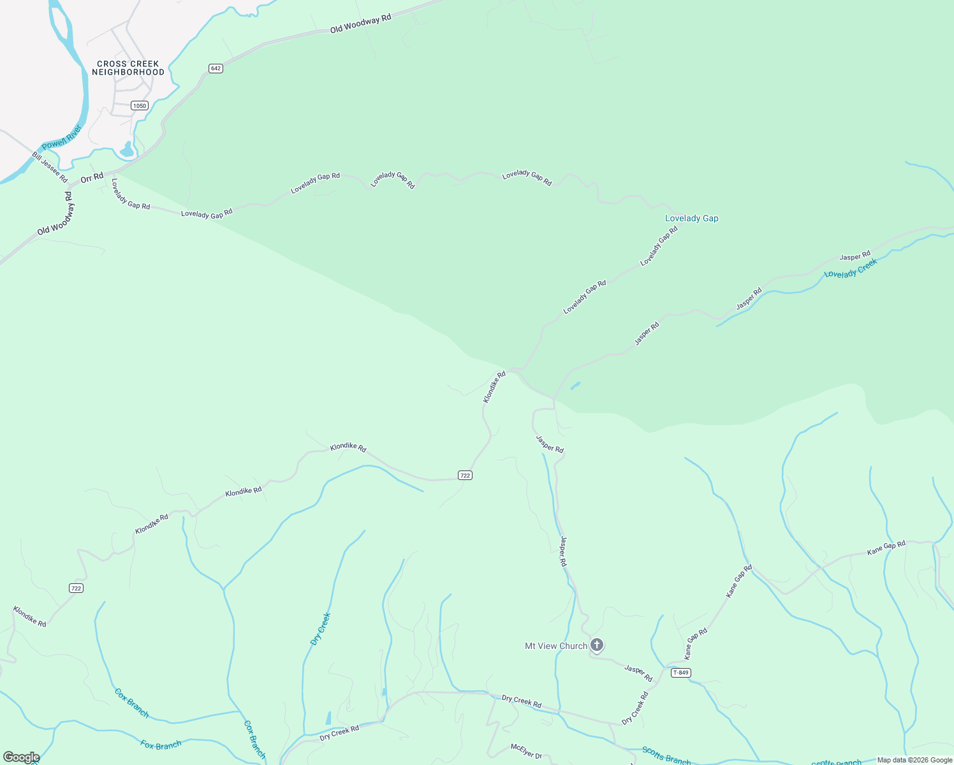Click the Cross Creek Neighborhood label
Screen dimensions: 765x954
click(x=128, y=68)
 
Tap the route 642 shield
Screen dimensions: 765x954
click(x=216, y=68)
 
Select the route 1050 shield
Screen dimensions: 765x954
click(x=140, y=105)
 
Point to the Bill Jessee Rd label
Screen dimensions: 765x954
click(x=50, y=167)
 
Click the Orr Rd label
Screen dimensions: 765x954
click(x=92, y=178)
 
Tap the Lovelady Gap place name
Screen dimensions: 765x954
click(x=691, y=218)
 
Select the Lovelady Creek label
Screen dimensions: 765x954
click(x=851, y=268)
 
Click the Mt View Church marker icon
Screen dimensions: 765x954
click(x=597, y=645)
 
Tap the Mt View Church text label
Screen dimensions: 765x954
click(x=555, y=646)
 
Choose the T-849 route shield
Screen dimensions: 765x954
click(x=681, y=673)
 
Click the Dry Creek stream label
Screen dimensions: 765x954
click(x=320, y=629)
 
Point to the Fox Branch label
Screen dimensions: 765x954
click(x=161, y=745)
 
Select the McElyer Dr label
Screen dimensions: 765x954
click(x=526, y=751)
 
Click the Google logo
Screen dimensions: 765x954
click(x=21, y=757)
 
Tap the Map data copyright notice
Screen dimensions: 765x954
click(x=914, y=760)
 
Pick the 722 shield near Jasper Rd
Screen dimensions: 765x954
click(x=465, y=475)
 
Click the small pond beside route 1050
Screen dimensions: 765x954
click(x=127, y=150)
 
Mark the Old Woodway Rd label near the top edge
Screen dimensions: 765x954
click(x=360, y=24)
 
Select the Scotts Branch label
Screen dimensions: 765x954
click(x=666, y=755)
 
